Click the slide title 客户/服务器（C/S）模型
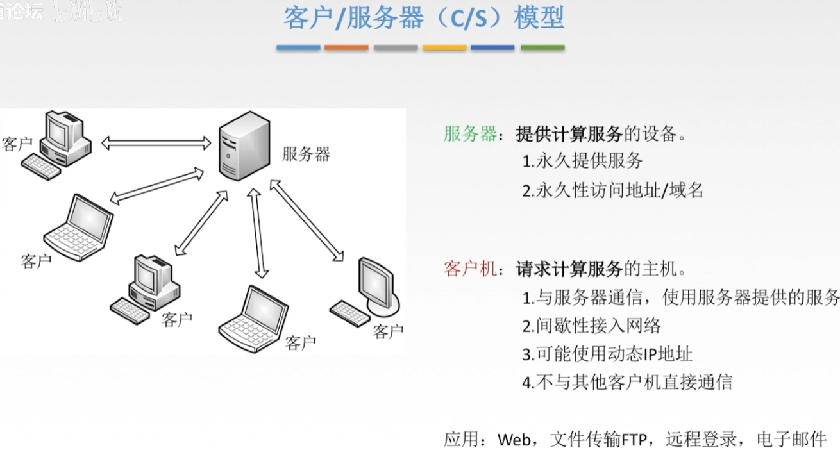[x=424, y=18]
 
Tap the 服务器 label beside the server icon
[x=306, y=154]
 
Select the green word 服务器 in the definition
[x=470, y=134]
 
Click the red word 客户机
[x=470, y=269]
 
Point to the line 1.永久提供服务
[x=582, y=162]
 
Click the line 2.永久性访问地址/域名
[x=612, y=190]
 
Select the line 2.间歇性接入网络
[x=591, y=326]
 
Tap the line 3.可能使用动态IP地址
[x=607, y=354]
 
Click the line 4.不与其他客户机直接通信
[x=626, y=383]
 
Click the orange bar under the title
[x=346, y=47]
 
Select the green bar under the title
[x=542, y=47]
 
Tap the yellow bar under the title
[x=444, y=47]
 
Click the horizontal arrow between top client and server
[x=156, y=143]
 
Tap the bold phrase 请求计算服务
[x=569, y=269]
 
